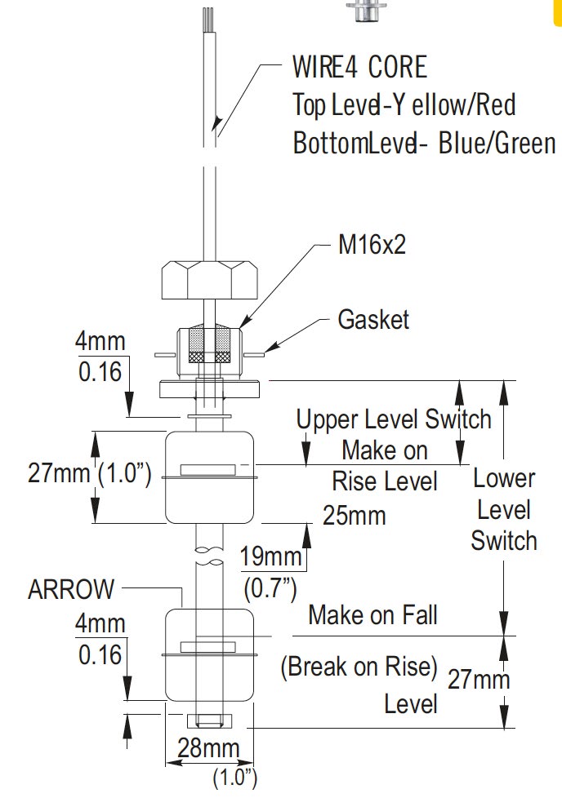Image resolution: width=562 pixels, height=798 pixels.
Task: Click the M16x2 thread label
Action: (x=371, y=245)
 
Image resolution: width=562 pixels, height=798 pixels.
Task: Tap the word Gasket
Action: (x=373, y=319)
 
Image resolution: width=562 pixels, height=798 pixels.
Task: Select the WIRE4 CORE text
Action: (x=359, y=66)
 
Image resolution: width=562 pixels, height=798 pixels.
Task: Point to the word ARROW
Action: (x=71, y=589)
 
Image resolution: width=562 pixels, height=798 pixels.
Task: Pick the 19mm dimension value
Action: (x=271, y=556)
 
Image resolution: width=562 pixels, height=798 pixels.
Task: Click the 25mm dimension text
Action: (x=355, y=516)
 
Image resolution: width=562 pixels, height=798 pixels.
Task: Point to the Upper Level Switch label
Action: (x=394, y=419)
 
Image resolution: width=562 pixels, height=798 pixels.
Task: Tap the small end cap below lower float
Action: (x=208, y=722)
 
